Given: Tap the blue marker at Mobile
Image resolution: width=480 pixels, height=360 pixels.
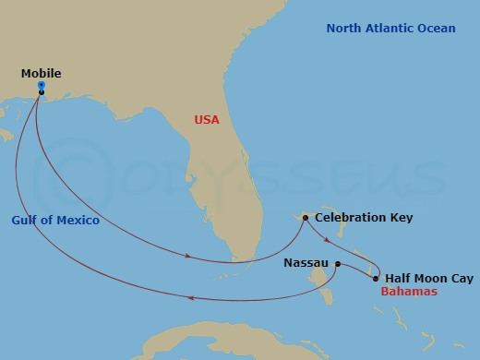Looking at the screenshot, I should coord(42,85).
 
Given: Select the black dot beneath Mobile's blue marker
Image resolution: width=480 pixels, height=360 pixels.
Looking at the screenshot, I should coord(42,91).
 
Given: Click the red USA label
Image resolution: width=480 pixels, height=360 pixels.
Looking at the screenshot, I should coord(208,119).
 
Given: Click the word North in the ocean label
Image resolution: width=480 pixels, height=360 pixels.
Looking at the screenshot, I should coord(344,29).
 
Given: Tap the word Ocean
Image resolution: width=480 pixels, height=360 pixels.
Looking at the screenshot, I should coord(437,29).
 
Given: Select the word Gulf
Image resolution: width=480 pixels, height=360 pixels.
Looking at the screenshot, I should coord(27,222).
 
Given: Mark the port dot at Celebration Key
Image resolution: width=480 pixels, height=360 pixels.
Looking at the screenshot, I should coord(305,218).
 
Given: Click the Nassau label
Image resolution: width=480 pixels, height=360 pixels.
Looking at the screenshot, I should coord(306,263).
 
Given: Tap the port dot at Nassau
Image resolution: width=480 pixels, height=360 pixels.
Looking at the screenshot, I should coord(337,264).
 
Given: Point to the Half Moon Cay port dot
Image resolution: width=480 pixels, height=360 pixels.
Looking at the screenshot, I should coord(376,278).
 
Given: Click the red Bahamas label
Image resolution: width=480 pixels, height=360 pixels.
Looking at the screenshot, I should coord(409,292).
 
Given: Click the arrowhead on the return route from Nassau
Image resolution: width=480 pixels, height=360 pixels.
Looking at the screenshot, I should coord(189,297).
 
